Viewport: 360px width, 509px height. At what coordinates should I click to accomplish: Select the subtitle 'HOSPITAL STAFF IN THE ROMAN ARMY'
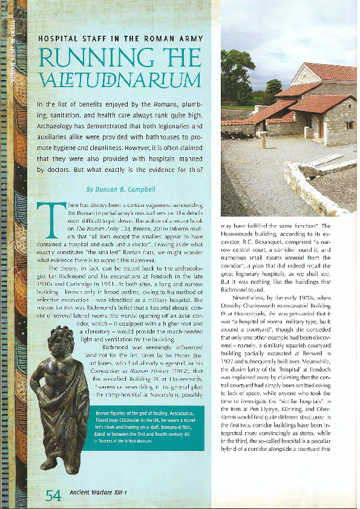(119, 38)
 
